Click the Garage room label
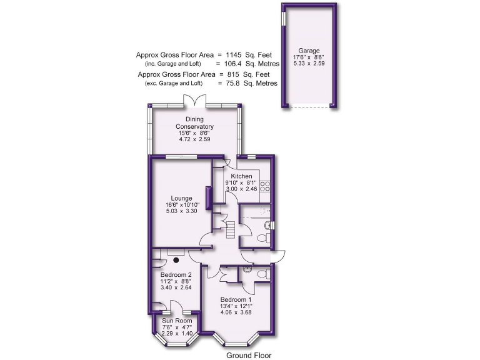[309, 51]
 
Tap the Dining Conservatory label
[194, 122]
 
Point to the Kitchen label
[241, 176]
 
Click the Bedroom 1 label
[236, 300]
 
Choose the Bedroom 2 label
[176, 274]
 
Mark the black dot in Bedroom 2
[177, 260]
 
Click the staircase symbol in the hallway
[231, 230]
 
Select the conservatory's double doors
[194, 100]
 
